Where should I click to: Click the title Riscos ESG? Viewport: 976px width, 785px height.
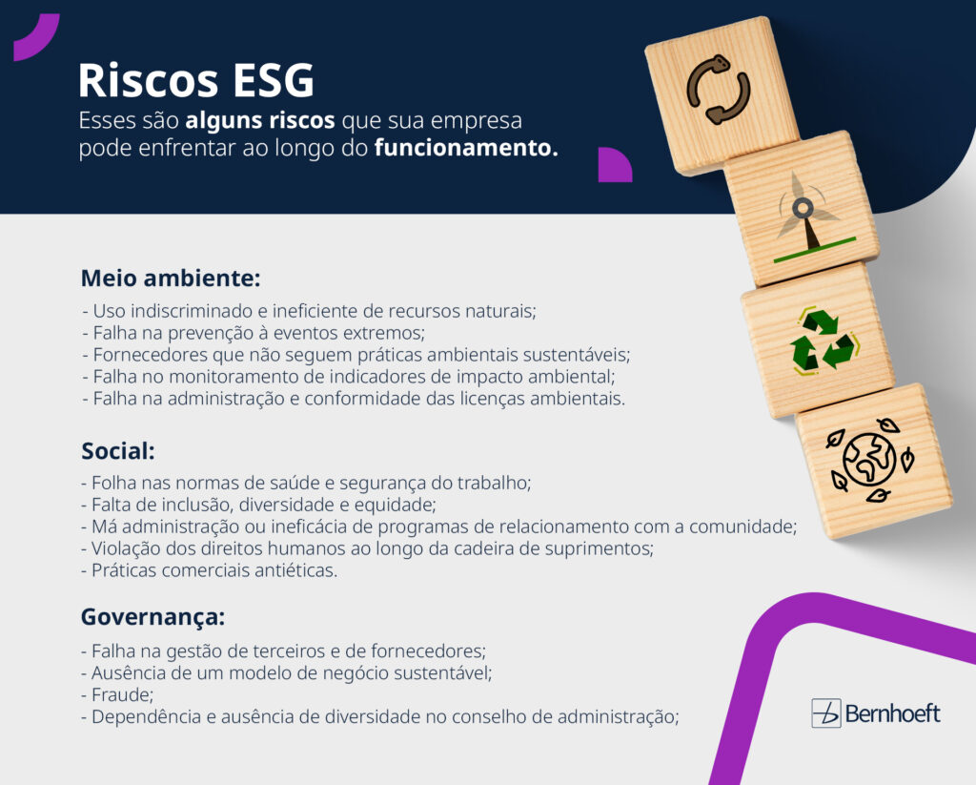(195, 82)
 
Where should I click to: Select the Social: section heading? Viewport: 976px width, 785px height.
(118, 450)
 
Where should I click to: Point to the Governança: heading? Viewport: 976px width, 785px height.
(152, 617)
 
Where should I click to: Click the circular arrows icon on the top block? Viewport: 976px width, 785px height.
(719, 90)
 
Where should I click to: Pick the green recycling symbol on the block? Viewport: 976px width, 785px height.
(823, 341)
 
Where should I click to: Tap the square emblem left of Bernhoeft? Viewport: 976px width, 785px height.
(826, 713)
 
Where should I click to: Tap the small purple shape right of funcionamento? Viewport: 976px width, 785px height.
(614, 164)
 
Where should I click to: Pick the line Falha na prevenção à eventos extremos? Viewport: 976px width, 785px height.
(254, 333)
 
